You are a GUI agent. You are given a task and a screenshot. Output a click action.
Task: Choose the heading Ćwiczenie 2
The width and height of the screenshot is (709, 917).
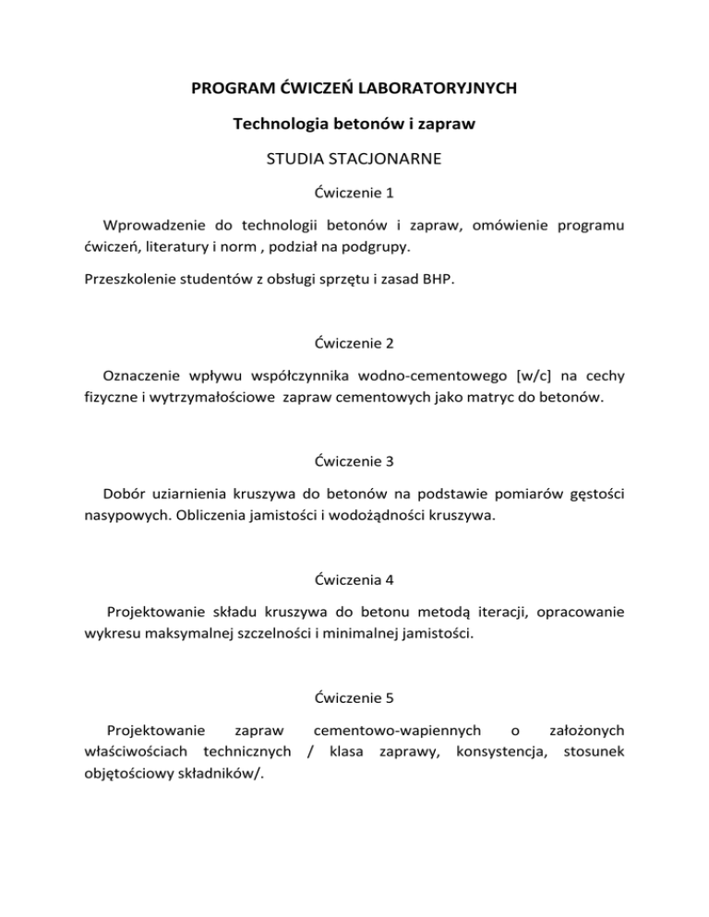[354, 343]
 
